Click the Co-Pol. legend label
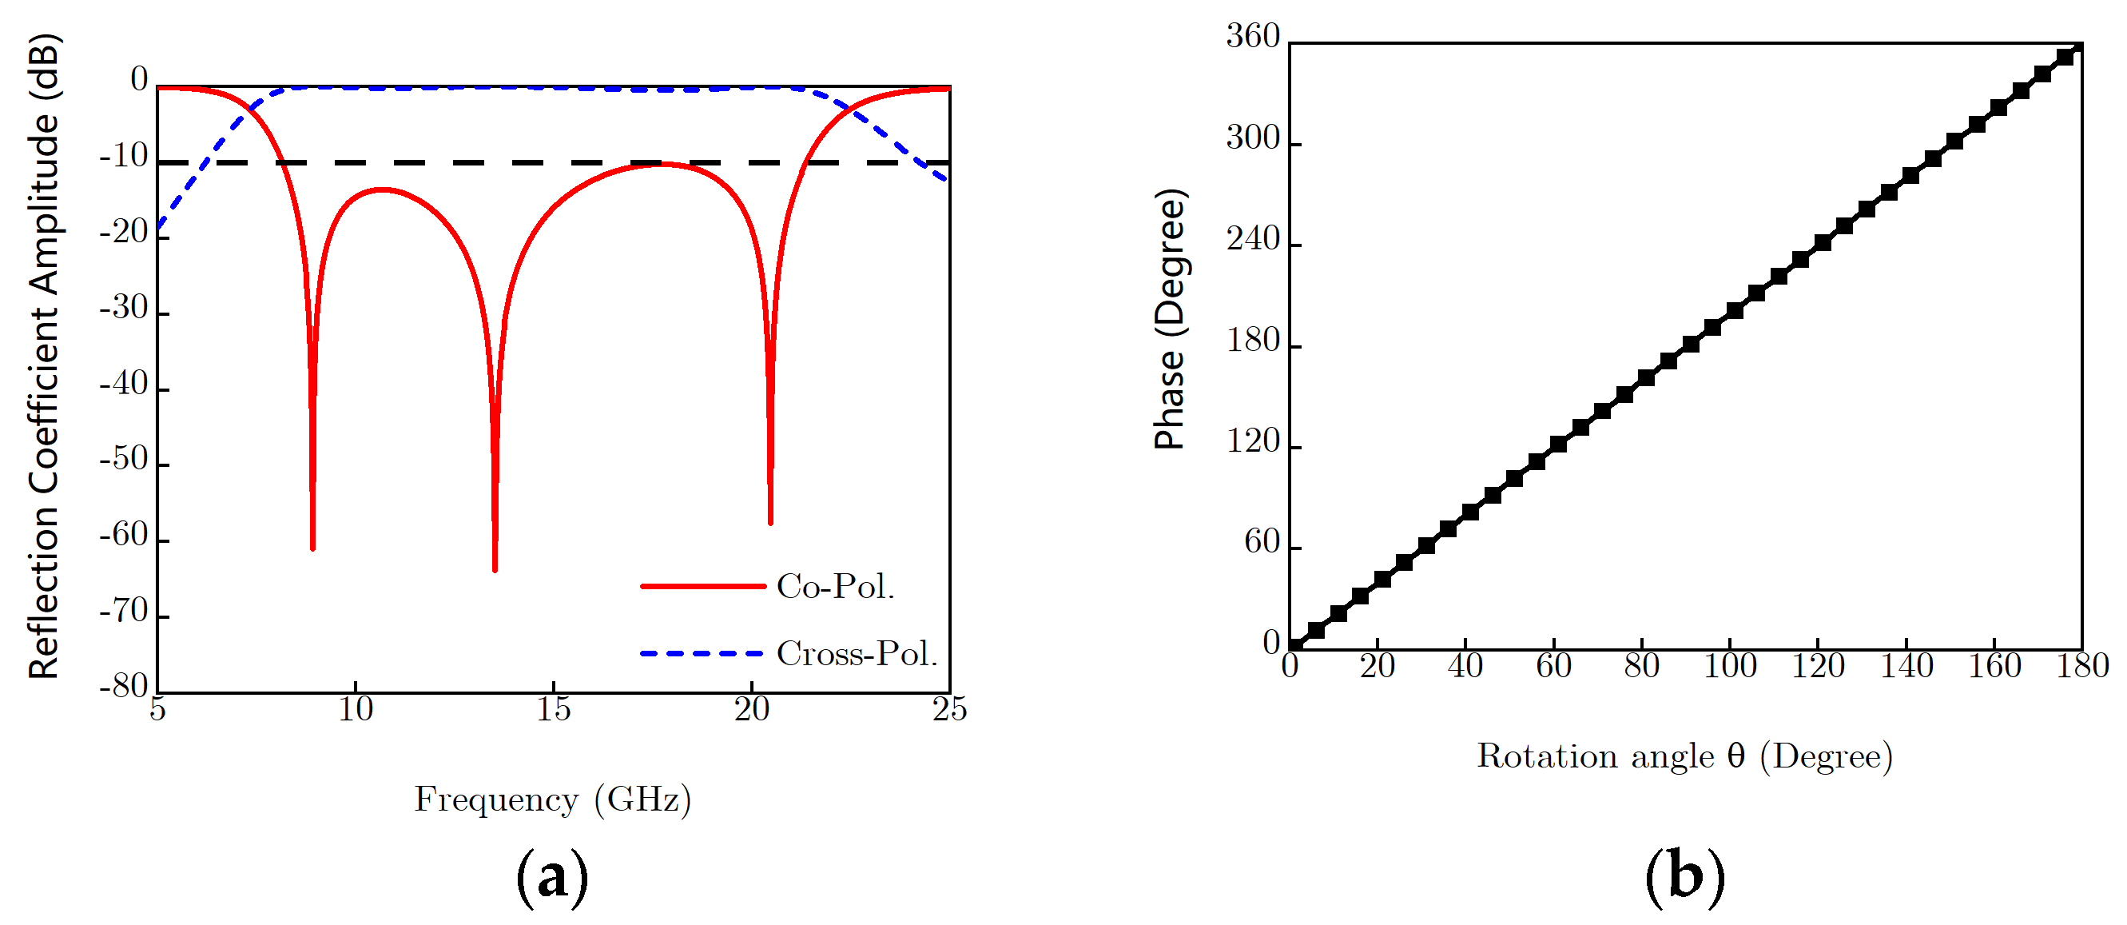pyautogui.click(x=835, y=586)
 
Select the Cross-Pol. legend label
pyautogui.click(x=857, y=654)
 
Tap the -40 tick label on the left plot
pyautogui.click(x=124, y=384)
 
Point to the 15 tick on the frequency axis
pyautogui.click(x=553, y=709)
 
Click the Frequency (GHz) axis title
pyautogui.click(x=552, y=799)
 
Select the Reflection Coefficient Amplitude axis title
pyautogui.click(x=45, y=357)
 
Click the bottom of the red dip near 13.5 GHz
pyautogui.click(x=495, y=569)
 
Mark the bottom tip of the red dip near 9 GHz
pyautogui.click(x=313, y=548)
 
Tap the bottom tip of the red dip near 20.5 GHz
pyautogui.click(x=770, y=523)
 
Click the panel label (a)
pyautogui.click(x=551, y=878)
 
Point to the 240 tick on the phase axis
pyautogui.click(x=1253, y=240)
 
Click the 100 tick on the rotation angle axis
pyautogui.click(x=1730, y=667)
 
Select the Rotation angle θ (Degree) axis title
pyautogui.click(x=1684, y=756)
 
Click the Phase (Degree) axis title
pyautogui.click(x=1170, y=319)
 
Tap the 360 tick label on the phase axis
pyautogui.click(x=1253, y=36)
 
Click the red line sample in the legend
pyautogui.click(x=702, y=586)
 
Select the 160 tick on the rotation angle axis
pyautogui.click(x=1994, y=667)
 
